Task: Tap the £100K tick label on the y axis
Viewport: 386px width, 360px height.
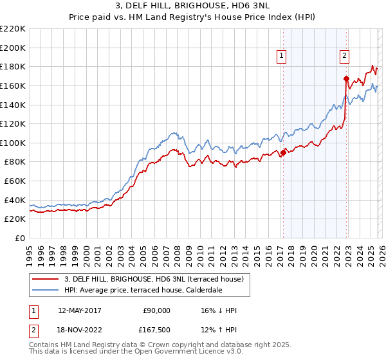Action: click(x=12, y=143)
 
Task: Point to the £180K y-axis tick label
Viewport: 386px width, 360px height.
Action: click(x=12, y=66)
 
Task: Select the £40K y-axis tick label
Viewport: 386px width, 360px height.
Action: click(x=14, y=200)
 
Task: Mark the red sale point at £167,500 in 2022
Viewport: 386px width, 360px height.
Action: click(x=346, y=78)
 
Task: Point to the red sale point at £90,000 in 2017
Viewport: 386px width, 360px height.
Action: click(x=283, y=152)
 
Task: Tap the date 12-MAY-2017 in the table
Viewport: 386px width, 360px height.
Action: click(x=80, y=310)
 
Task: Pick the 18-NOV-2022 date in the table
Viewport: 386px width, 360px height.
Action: click(x=80, y=330)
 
